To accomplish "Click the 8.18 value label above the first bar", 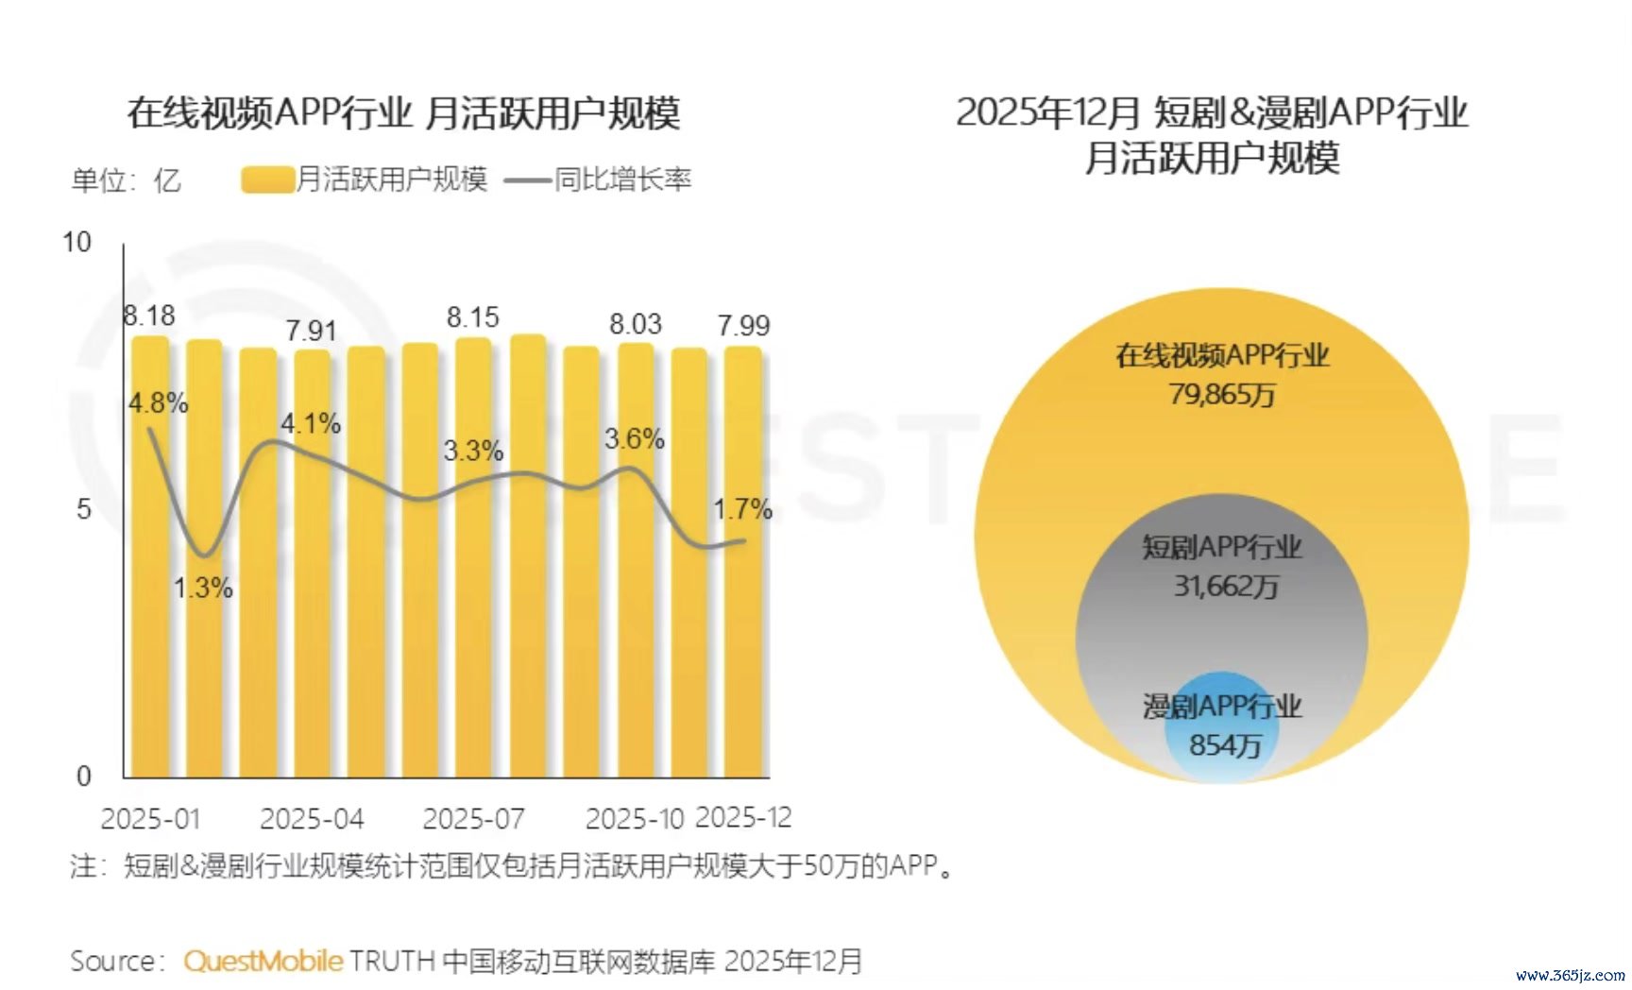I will pos(149,316).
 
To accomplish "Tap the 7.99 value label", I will pos(743,326).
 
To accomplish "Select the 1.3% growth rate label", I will pos(203,588).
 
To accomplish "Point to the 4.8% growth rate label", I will pos(159,403).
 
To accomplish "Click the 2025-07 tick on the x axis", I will pos(473,819).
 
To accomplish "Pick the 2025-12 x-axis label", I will pos(743,818).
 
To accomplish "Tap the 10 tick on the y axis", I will pos(77,243).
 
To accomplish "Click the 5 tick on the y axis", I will pos(84,509).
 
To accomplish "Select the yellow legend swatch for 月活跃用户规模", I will pos(267,179).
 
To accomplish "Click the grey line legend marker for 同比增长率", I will pos(527,179).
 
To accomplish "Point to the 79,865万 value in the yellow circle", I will pos(1222,394).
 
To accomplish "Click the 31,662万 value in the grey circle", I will pos(1226,587).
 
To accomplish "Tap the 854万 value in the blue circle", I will pos(1225,745).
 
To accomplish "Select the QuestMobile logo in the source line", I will pos(263,961).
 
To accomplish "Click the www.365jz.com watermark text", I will pos(1570,975).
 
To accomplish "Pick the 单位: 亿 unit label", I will pos(126,179).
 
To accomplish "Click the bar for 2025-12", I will pos(743,567).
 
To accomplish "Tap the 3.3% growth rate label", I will pos(473,451).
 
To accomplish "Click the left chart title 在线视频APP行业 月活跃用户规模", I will pos(404,113).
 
